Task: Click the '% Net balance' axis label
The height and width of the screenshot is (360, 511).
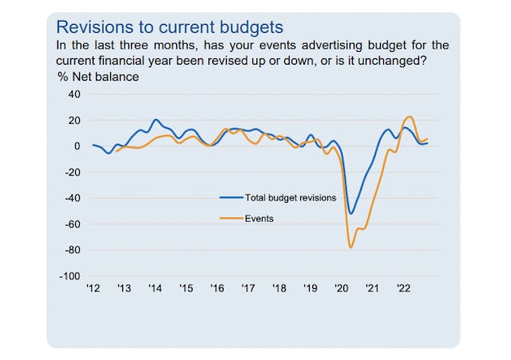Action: click(x=97, y=77)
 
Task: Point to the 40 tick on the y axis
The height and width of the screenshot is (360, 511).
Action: click(x=74, y=94)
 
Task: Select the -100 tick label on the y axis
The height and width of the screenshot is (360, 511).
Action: click(x=70, y=275)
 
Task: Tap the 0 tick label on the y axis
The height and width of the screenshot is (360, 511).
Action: click(x=77, y=146)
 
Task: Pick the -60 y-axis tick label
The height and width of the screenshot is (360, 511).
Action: click(x=73, y=224)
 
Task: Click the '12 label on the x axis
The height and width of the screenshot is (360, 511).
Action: click(x=93, y=288)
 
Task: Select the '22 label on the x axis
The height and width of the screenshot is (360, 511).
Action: click(x=404, y=288)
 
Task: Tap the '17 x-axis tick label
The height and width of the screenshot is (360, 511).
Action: click(x=248, y=288)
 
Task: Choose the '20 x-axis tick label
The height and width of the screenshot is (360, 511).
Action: click(x=342, y=288)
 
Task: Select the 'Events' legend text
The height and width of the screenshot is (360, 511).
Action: click(x=260, y=218)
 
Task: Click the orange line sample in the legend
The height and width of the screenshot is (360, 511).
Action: click(x=232, y=218)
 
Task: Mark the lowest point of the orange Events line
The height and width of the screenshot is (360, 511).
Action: click(x=351, y=247)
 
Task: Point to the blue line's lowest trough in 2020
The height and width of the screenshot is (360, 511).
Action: click(x=351, y=213)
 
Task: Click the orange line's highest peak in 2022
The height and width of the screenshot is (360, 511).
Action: click(x=410, y=117)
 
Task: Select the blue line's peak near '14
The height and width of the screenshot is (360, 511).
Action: click(x=155, y=120)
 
